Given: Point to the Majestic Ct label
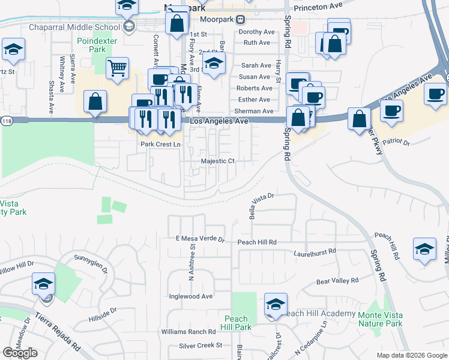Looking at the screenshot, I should (x=217, y=161).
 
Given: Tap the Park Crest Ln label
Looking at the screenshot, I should (x=160, y=145).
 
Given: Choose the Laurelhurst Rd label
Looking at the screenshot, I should (x=316, y=253).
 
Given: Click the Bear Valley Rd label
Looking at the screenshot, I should (x=337, y=280).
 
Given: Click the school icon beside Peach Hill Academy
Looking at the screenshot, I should (x=276, y=304).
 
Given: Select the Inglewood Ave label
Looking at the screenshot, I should (x=191, y=296).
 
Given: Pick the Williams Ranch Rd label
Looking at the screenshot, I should (x=187, y=331).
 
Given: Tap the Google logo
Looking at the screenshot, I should (x=20, y=353).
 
